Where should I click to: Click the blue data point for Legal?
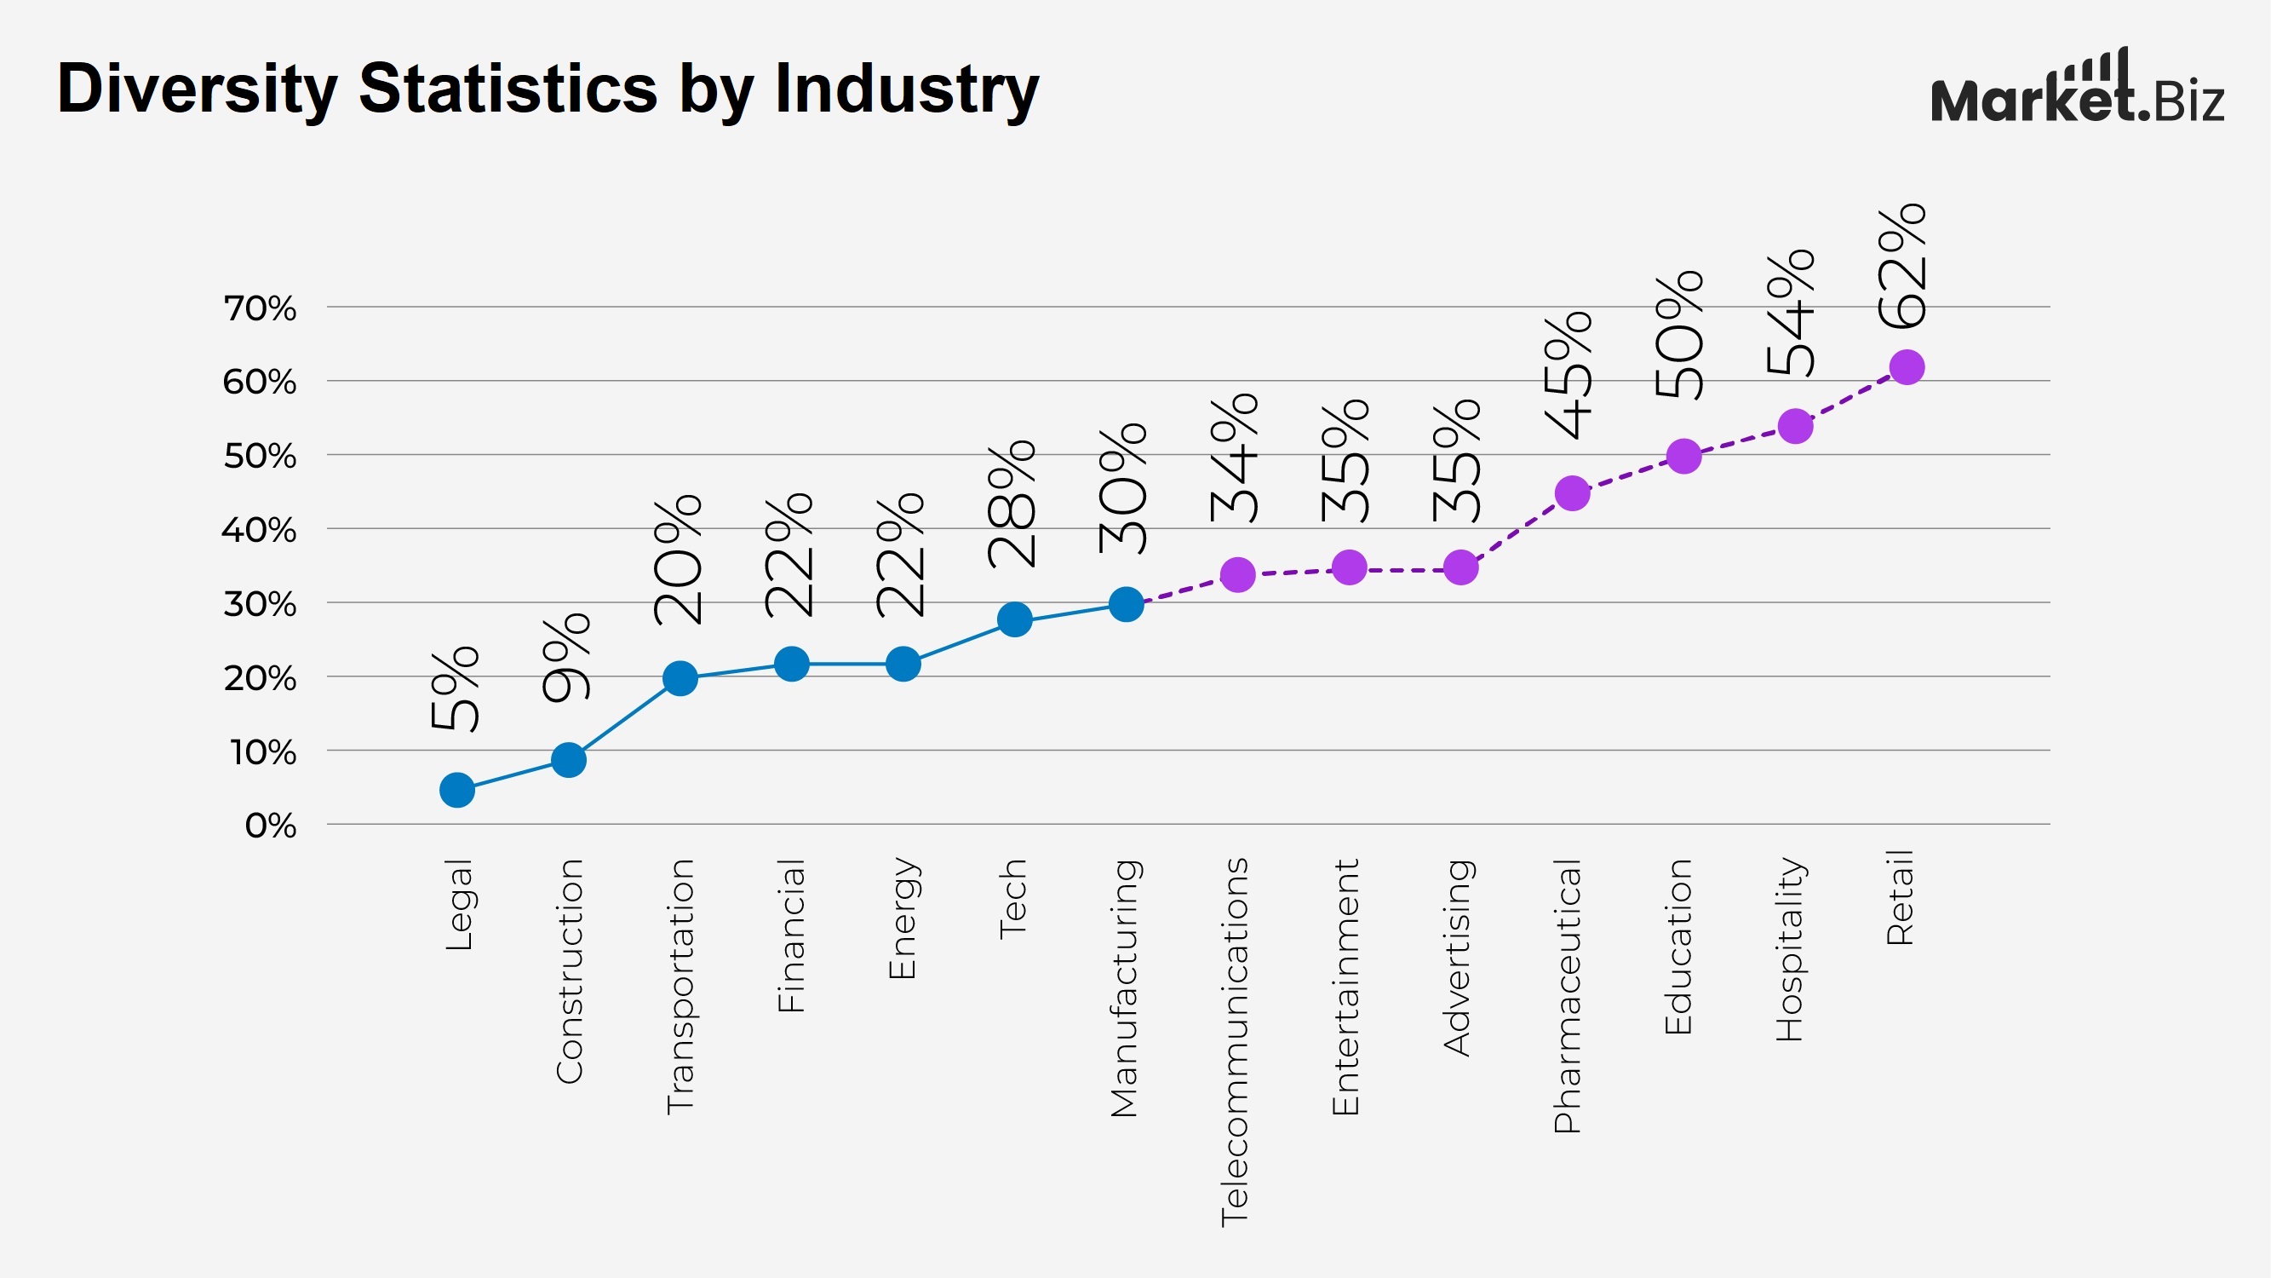point(456,790)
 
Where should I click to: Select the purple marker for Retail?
point(1906,367)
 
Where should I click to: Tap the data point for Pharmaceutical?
point(1572,493)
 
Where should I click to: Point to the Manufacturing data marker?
point(1126,604)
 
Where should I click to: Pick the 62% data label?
point(1902,266)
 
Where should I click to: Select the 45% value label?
point(1568,375)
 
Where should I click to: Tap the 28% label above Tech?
point(1012,504)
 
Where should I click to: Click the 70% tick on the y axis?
point(259,308)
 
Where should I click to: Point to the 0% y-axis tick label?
point(270,826)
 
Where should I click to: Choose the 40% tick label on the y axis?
point(259,530)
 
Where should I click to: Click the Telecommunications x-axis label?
point(1234,1041)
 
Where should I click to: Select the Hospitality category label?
point(1790,949)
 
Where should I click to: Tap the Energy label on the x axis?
point(902,918)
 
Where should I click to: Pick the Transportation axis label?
point(680,986)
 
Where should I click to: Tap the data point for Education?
point(1683,456)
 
